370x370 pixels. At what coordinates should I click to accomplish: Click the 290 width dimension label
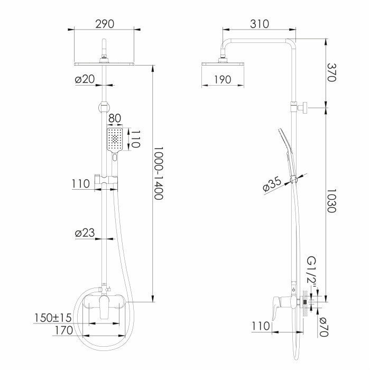point(105,24)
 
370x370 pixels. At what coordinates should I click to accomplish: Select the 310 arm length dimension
point(260,24)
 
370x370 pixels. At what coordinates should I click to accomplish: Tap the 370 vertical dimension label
point(331,72)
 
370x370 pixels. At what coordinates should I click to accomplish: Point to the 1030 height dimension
point(331,200)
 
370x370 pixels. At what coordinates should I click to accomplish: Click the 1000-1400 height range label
point(159,173)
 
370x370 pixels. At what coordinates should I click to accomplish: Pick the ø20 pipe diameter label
point(85,79)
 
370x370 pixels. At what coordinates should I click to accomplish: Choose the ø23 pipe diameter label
point(85,233)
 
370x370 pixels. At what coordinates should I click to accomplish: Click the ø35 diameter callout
point(272,184)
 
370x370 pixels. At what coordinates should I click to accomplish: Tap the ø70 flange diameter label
point(323,327)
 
